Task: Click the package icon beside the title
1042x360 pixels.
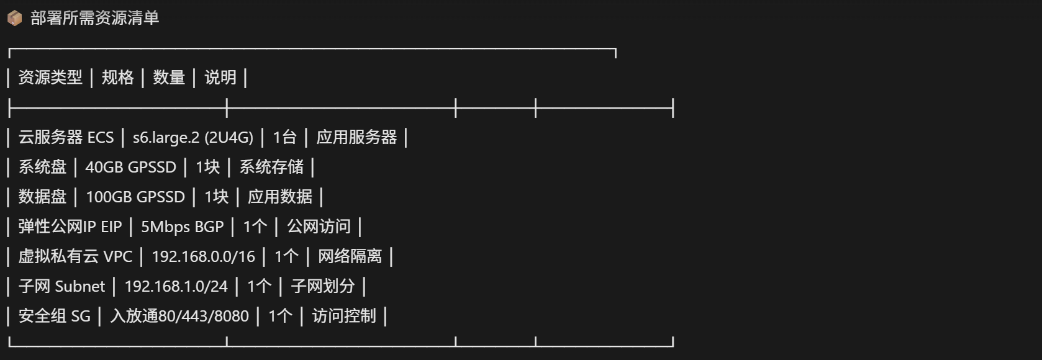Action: point(14,18)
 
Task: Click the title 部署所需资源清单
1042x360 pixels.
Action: point(95,18)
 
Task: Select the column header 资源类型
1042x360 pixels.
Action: point(50,78)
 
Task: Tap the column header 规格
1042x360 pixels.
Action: point(118,78)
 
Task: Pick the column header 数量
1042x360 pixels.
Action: point(169,78)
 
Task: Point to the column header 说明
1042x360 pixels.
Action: point(220,78)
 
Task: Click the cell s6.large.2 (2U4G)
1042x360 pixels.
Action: point(193,138)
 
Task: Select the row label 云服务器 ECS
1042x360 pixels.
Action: point(66,138)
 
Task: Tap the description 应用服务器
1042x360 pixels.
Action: point(357,138)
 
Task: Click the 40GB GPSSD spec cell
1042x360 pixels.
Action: point(130,168)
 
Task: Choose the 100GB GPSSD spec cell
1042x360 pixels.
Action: point(135,197)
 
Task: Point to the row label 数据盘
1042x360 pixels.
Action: point(42,197)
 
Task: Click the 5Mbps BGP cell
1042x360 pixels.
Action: point(183,227)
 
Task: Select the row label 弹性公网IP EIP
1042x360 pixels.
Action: point(70,227)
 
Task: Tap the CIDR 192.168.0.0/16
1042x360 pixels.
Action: point(203,257)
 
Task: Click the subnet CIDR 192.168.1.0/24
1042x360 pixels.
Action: point(176,287)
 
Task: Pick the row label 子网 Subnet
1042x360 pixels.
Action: point(62,287)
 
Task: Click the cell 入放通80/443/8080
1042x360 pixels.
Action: point(179,317)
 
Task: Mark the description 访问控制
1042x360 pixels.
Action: point(344,317)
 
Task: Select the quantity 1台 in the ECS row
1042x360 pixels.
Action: point(284,138)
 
